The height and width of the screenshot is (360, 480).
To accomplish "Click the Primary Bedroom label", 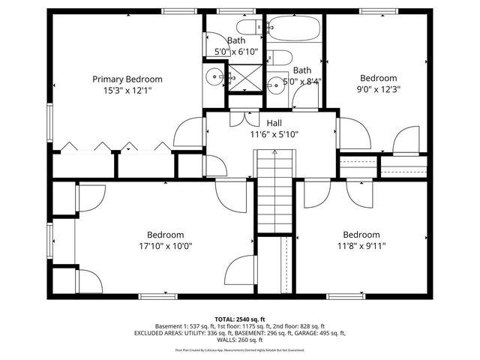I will tap(127, 79).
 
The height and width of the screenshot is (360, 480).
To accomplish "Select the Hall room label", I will tap(274, 122).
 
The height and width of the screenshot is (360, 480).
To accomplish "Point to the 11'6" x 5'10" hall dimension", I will tap(274, 135).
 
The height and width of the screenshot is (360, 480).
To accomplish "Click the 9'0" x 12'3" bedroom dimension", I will tap(378, 91).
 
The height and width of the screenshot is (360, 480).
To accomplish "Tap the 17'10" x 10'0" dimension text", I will tap(165, 246).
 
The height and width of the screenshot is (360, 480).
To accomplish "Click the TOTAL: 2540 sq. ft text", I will tap(240, 319).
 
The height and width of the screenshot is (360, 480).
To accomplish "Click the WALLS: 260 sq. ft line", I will tap(240, 341).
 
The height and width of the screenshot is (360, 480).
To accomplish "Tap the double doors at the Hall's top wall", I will tap(241, 118).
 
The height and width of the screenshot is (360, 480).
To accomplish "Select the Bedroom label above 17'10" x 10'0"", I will tap(165, 234).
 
